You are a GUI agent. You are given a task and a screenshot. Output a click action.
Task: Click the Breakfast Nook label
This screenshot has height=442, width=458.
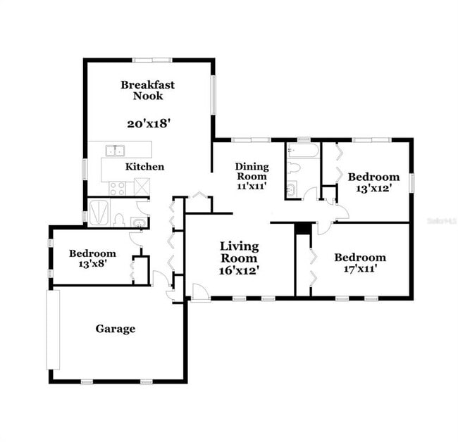(x=147, y=90)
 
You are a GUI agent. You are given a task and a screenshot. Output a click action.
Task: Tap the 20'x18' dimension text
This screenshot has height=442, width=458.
(x=149, y=123)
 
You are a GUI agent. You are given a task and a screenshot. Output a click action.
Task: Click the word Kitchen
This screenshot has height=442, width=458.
(x=145, y=167)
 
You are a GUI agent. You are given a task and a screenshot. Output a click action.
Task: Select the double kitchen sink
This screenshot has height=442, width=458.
(x=115, y=150)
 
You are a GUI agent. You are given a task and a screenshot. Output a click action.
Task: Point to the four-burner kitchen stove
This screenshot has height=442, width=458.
(x=117, y=188)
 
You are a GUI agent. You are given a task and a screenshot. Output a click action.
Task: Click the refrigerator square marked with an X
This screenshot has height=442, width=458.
(x=142, y=187)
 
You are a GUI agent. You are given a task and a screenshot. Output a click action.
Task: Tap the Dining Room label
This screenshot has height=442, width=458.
(x=252, y=171)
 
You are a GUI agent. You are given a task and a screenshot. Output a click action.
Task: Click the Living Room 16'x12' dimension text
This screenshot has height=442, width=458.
(x=240, y=270)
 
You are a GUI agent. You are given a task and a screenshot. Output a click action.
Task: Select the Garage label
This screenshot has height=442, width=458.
(x=116, y=329)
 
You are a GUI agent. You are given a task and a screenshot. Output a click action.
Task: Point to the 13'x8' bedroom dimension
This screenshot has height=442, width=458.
(x=92, y=265)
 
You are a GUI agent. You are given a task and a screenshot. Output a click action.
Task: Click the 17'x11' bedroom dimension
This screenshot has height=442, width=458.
(x=359, y=269)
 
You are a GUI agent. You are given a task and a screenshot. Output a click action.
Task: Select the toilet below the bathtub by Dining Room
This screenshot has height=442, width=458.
(x=294, y=169)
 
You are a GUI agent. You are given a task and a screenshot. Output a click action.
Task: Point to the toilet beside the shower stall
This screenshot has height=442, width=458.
(x=118, y=220)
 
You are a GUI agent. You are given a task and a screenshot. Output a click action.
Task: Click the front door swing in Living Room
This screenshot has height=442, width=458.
(x=200, y=292)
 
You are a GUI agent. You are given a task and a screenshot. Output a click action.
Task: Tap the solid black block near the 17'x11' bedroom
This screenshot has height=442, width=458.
(x=303, y=229)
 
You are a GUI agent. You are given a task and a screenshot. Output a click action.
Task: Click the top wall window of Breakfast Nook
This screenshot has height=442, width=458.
(x=152, y=60)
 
